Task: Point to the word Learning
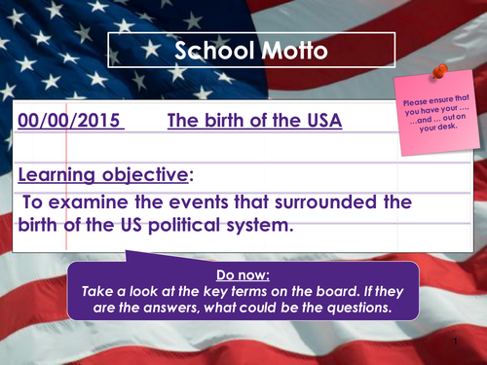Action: (x=60, y=176)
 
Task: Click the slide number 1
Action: (x=455, y=346)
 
